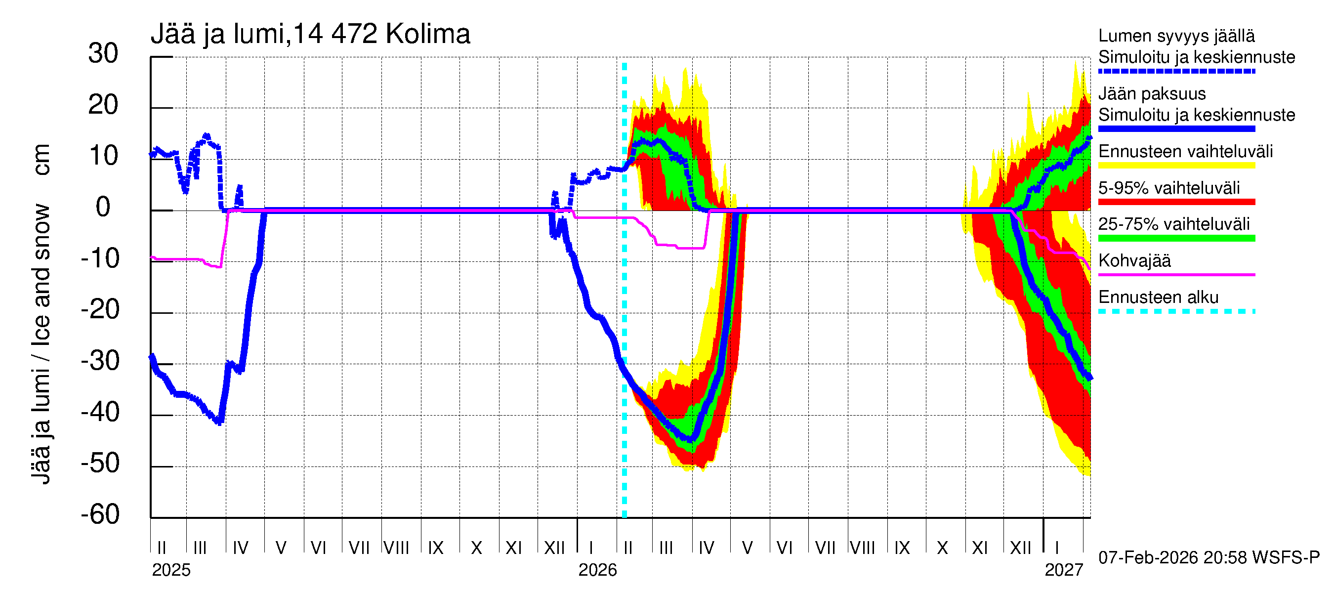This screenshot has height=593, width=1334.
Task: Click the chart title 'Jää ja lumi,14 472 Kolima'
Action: pyautogui.click(x=310, y=34)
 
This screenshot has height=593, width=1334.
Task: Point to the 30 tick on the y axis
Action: pyautogui.click(x=103, y=53)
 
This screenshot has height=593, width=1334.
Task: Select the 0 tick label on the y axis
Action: pyautogui.click(x=103, y=207)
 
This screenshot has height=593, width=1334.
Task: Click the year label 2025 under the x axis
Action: pyautogui.click(x=171, y=570)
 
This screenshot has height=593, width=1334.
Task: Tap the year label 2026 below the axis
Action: pyautogui.click(x=598, y=570)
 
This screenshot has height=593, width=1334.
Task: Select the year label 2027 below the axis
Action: pyautogui.click(x=1064, y=570)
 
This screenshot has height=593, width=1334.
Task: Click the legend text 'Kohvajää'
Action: pyautogui.click(x=1134, y=260)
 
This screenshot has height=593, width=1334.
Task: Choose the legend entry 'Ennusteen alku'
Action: pyautogui.click(x=1158, y=297)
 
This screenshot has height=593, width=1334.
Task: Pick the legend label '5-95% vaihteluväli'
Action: pyautogui.click(x=1169, y=188)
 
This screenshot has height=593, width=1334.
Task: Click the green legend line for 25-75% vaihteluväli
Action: pyautogui.click(x=1176, y=238)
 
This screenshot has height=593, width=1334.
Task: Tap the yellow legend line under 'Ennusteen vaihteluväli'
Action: pyautogui.click(x=1176, y=166)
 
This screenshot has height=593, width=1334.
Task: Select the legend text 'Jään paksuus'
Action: pyautogui.click(x=1152, y=94)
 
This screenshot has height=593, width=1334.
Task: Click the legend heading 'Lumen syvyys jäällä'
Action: pyautogui.click(x=1176, y=36)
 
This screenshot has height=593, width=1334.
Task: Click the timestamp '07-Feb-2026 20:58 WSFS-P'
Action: pyautogui.click(x=1209, y=558)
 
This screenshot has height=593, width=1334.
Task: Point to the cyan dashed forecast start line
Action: pyautogui.click(x=625, y=311)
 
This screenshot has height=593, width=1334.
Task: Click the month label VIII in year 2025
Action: pyautogui.click(x=396, y=548)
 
